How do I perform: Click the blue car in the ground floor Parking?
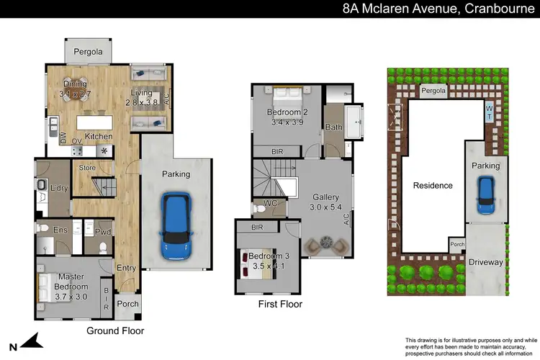point(176,226)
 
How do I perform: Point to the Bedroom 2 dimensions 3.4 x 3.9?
point(287,123)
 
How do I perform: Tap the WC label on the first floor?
point(271,204)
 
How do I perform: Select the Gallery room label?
point(325,197)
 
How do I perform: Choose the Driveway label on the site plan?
point(486,262)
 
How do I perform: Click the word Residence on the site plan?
point(433,185)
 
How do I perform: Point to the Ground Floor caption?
point(115,331)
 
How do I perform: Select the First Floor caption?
point(280,305)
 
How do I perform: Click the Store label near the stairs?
point(87,168)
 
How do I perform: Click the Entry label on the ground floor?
point(126,269)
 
